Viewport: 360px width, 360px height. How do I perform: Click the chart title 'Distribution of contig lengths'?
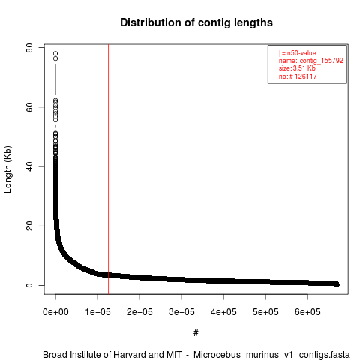pyautogui.click(x=196, y=22)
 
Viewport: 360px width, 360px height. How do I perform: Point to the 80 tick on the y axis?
pyautogui.click(x=29, y=47)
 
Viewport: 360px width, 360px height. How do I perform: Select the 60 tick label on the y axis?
pyautogui.click(x=29, y=107)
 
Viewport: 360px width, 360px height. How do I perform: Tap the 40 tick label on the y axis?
pyautogui.click(x=29, y=166)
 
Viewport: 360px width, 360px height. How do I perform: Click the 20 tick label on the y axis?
pyautogui.click(x=29, y=226)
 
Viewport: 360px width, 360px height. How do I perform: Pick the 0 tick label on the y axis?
pyautogui.click(x=29, y=285)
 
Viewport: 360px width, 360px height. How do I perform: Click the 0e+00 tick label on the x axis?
pyautogui.click(x=55, y=312)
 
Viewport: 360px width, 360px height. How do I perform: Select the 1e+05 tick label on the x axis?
pyautogui.click(x=97, y=312)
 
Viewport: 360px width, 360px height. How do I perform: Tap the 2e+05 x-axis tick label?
pyautogui.click(x=139, y=312)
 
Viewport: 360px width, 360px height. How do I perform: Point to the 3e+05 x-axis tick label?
pyautogui.click(x=181, y=312)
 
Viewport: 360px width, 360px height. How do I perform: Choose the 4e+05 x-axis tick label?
pyautogui.click(x=223, y=312)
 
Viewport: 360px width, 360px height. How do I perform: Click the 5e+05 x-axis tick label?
pyautogui.click(x=265, y=312)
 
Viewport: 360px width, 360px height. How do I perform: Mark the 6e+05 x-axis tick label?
pyautogui.click(x=307, y=312)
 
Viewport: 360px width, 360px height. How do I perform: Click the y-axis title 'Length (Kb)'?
pyautogui.click(x=8, y=169)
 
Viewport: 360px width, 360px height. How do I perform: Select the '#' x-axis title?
pyautogui.click(x=196, y=333)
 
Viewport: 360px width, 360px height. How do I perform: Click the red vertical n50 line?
pyautogui.click(x=108, y=169)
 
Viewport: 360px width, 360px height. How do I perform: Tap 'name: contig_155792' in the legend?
pyautogui.click(x=311, y=61)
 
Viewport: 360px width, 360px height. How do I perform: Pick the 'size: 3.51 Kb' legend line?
pyautogui.click(x=297, y=68)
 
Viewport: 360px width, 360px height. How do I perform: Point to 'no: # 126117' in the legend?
pyautogui.click(x=298, y=76)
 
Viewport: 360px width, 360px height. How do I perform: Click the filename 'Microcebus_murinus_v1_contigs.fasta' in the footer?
pyautogui.click(x=271, y=355)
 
